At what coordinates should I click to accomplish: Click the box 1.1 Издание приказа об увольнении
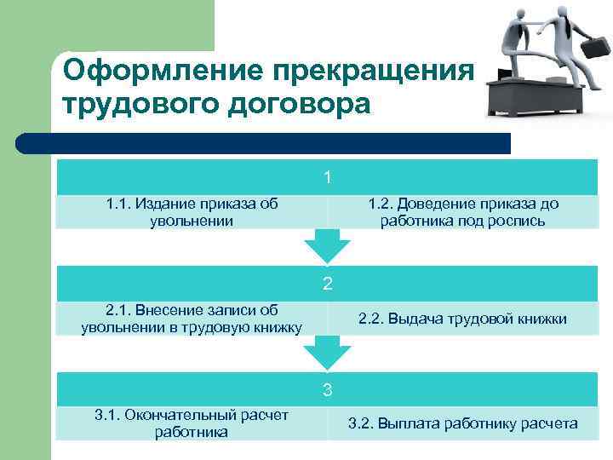pos(192,212)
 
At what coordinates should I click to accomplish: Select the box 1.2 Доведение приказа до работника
pos(462,212)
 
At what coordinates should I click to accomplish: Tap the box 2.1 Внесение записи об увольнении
pos(192,319)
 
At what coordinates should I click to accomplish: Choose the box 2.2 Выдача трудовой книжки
pos(462,319)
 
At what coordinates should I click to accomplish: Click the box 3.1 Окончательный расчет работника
pos(192,423)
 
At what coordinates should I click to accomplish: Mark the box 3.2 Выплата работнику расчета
pos(462,423)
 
